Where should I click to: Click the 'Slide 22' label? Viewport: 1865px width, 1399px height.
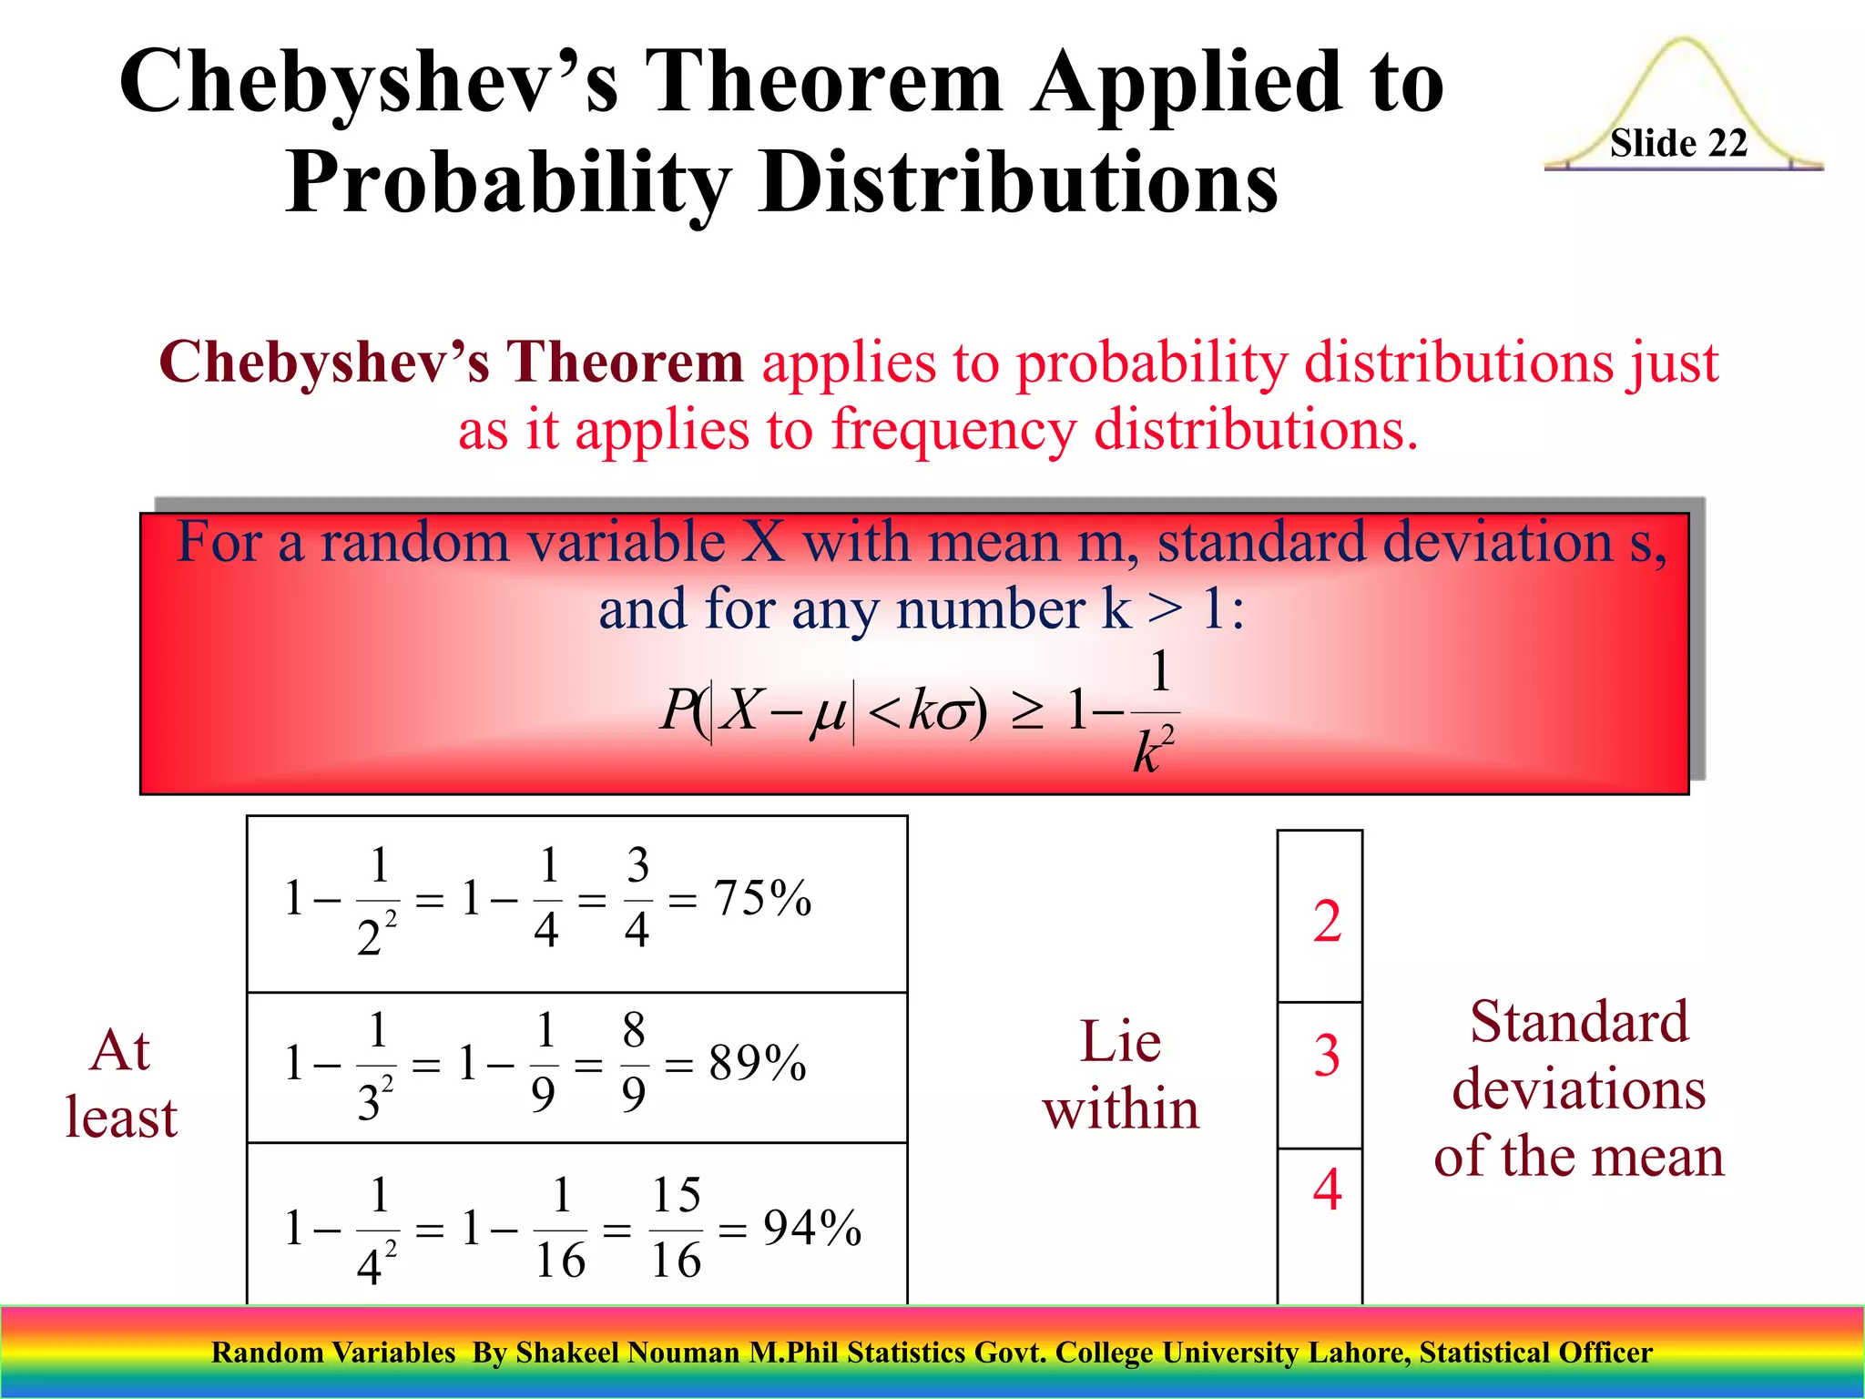click(x=1677, y=143)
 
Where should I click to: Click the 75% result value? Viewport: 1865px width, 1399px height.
click(x=762, y=898)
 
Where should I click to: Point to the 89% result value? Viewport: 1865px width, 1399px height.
click(x=758, y=1062)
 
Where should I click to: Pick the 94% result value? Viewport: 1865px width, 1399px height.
click(x=811, y=1227)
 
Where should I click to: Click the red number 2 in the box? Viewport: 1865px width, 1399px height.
click(x=1327, y=921)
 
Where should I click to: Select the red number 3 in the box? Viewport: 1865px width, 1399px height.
click(x=1327, y=1056)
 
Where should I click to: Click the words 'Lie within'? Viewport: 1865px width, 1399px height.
click(x=1120, y=1076)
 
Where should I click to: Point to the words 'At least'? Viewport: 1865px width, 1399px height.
click(x=121, y=1084)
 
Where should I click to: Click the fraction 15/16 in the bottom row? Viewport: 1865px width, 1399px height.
click(x=676, y=1228)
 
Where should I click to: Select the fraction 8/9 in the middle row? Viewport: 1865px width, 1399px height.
click(x=634, y=1062)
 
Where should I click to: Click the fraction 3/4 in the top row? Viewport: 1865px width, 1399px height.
click(x=637, y=898)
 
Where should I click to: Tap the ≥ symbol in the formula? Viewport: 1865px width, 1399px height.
click(x=1027, y=712)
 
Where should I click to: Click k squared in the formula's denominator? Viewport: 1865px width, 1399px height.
click(x=1153, y=750)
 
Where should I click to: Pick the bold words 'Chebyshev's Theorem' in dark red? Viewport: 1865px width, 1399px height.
click(x=451, y=363)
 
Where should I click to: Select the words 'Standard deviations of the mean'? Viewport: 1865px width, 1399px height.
click(x=1578, y=1088)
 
